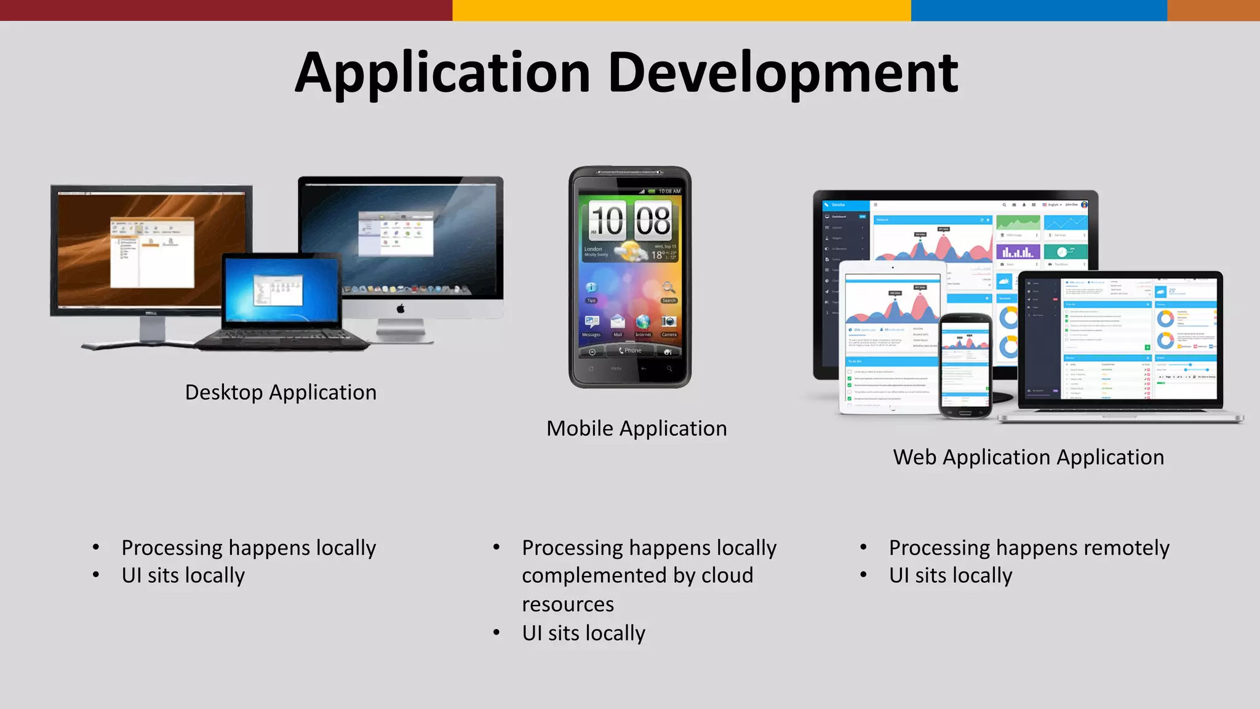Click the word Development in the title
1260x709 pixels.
[783, 73]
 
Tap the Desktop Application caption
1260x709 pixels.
[281, 392]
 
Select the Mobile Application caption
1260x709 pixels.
[636, 428]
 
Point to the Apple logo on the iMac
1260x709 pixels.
[401, 308]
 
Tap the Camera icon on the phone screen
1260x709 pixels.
[668, 322]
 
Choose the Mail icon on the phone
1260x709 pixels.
[618, 322]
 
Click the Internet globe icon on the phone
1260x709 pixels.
[643, 322]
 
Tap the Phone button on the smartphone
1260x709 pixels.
[631, 351]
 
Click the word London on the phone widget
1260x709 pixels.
[593, 249]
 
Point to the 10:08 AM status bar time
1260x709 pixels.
[669, 191]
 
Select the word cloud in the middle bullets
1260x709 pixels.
[727, 575]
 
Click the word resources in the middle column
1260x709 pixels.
[568, 604]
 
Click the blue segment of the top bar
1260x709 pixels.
[1039, 10]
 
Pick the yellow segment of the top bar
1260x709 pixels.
[681, 10]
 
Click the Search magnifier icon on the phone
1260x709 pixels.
[669, 287]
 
